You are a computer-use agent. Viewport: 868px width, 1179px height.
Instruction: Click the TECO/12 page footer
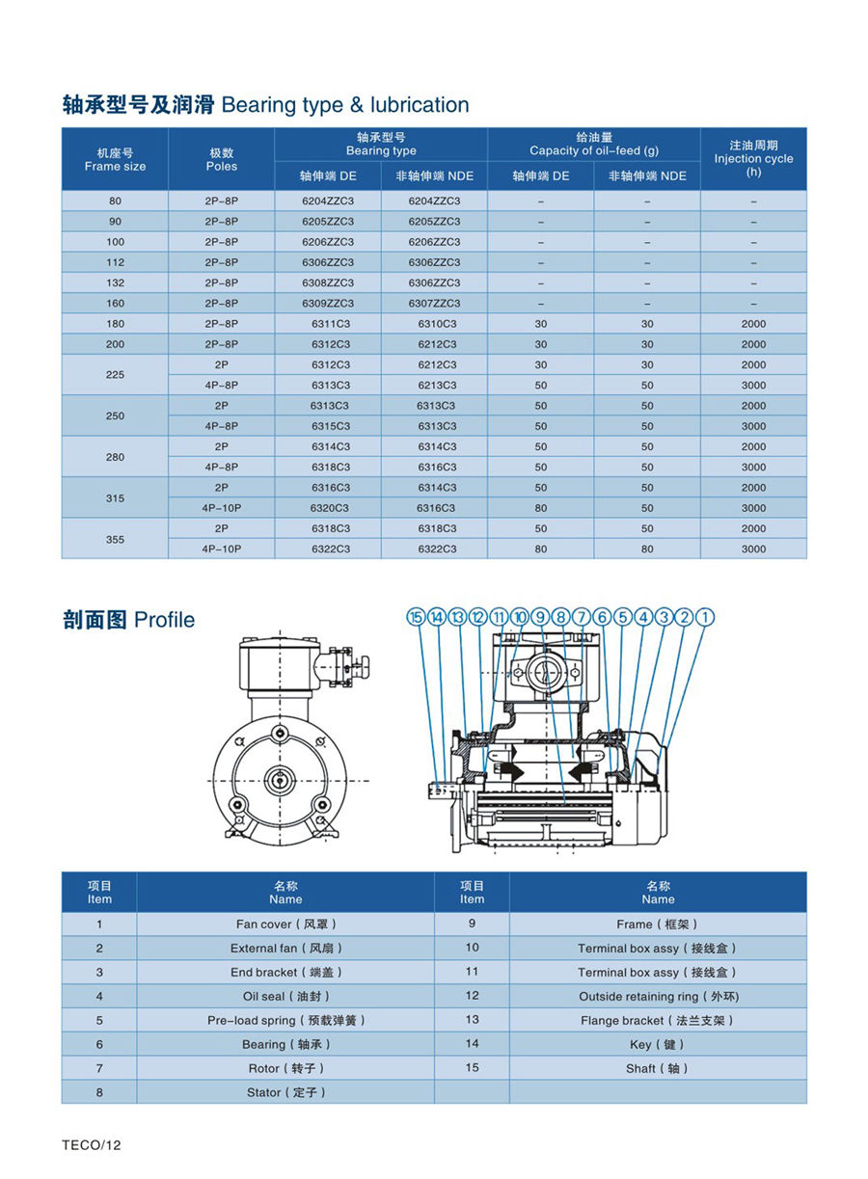(92, 1145)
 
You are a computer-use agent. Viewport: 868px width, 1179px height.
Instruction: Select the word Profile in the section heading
(164, 620)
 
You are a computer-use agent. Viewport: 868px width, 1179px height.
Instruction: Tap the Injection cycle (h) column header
(753, 158)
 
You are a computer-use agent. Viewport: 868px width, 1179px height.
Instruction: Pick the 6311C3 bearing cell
(330, 324)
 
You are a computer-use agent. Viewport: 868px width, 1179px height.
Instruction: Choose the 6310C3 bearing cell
(437, 324)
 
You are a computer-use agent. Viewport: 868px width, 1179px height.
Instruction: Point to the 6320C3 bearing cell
(330, 508)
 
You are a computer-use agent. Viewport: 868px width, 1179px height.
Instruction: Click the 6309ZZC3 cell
(328, 304)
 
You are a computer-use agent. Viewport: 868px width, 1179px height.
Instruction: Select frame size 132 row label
(115, 283)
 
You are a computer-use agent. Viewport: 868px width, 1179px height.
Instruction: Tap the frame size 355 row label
(115, 539)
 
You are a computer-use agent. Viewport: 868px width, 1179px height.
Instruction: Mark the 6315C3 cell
(330, 426)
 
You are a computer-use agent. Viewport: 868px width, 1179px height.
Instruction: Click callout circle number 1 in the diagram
(706, 617)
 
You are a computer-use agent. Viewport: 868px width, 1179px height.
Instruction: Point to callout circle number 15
(417, 617)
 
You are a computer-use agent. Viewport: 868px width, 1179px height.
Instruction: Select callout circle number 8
(561, 617)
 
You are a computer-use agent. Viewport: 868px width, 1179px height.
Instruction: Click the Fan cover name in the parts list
(285, 924)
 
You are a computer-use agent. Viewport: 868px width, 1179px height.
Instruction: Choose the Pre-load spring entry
(285, 1020)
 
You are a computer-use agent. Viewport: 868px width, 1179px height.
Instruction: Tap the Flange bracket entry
(658, 1020)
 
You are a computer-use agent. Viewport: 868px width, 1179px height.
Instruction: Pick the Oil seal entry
(285, 996)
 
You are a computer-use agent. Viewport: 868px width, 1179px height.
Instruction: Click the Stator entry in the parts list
(285, 1092)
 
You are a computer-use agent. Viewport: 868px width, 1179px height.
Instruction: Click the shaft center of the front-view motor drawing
(278, 779)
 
